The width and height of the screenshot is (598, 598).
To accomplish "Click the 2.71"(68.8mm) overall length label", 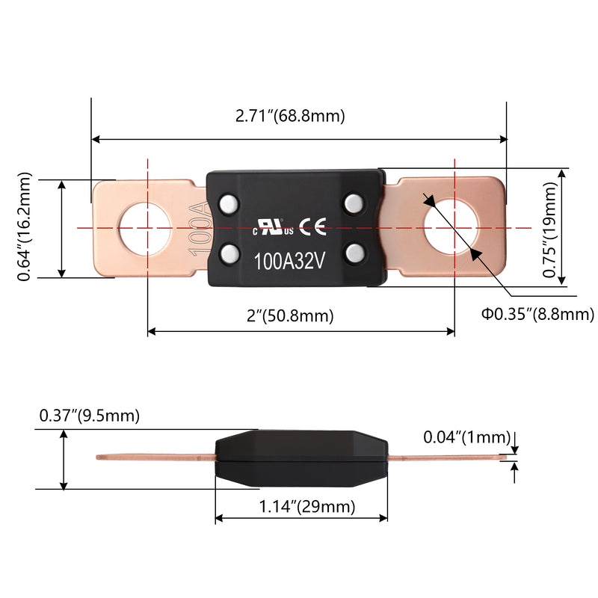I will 290,116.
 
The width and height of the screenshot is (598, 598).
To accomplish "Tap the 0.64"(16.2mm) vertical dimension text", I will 26,227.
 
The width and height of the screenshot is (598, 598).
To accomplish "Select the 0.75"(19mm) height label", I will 550,227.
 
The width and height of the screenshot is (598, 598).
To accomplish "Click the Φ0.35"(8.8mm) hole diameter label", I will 537,315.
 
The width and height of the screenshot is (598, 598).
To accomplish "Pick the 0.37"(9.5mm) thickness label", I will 90,415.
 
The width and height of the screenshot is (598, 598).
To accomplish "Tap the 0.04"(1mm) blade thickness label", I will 466,437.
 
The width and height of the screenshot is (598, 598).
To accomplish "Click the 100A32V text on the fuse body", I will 290,263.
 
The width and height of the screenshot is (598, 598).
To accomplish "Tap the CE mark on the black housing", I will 312,227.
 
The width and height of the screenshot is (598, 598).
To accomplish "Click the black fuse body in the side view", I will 301,457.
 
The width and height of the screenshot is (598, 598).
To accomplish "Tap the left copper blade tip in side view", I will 105,457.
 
